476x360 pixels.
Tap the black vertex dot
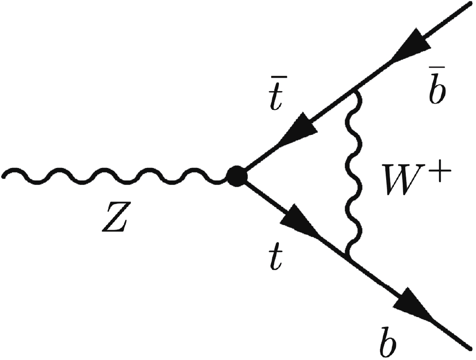[237, 177]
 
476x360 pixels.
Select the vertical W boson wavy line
[352, 179]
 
